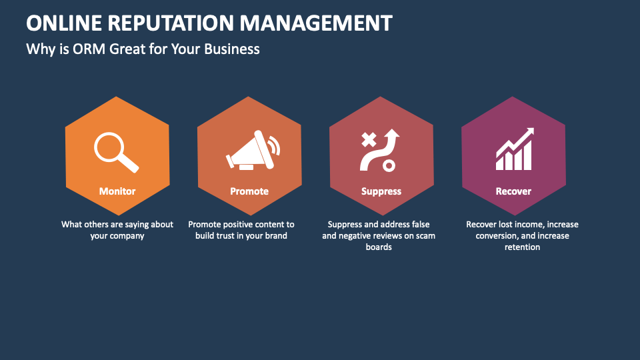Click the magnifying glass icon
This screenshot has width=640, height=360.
tap(115, 152)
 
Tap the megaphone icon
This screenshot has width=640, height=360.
tap(253, 150)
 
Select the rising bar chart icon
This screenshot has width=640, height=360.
tap(515, 149)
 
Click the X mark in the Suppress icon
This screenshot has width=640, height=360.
tap(369, 139)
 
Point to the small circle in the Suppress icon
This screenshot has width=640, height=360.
tap(389, 166)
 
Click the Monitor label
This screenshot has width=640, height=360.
tap(117, 191)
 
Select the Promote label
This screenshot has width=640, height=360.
tap(249, 191)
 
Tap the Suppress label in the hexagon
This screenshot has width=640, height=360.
tap(381, 191)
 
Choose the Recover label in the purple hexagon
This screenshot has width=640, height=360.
tap(513, 191)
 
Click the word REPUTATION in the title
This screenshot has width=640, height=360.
tap(171, 23)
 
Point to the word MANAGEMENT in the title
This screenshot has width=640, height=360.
tap(316, 23)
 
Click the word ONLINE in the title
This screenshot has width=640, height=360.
tap(64, 23)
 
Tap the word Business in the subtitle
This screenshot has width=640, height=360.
tap(232, 49)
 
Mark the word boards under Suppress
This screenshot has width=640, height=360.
tap(379, 247)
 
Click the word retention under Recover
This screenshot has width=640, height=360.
tap(523, 247)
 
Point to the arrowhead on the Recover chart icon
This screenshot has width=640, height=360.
tap(529, 132)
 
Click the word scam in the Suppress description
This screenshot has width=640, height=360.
tap(425, 236)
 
